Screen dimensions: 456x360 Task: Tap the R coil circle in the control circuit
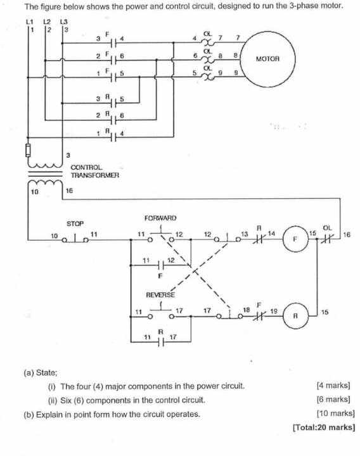[x=293, y=314]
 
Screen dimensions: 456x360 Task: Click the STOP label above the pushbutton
[x=75, y=224]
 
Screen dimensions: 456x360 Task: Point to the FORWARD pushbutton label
[x=160, y=218]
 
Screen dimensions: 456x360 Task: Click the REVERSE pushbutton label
[x=160, y=294]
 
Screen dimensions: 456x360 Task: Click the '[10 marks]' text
[x=333, y=414]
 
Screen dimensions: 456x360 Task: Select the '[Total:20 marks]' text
[x=323, y=427]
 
